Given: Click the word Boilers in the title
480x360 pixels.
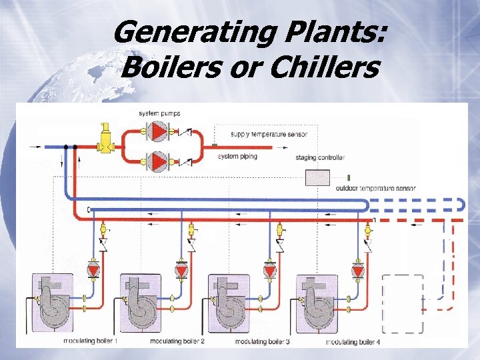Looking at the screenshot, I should click(163, 68).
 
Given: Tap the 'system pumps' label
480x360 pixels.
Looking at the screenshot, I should click(159, 113).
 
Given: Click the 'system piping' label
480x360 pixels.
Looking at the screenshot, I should click(238, 157).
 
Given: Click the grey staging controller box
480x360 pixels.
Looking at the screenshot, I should click(317, 177).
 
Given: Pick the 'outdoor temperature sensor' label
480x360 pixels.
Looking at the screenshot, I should click(376, 189).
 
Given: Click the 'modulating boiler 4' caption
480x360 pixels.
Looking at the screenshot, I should click(353, 341).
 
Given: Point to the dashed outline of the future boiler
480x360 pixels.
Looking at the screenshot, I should click(403, 303).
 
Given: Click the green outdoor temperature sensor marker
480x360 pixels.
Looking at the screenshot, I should click(349, 178).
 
